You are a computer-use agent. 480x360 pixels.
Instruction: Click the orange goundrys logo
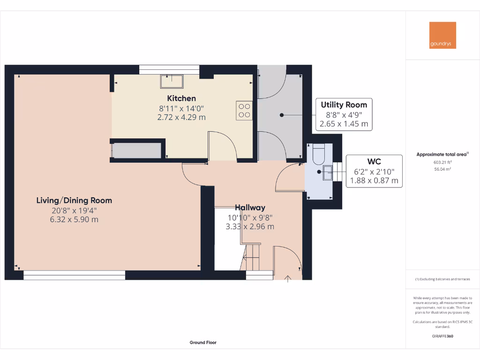[x=442, y=35]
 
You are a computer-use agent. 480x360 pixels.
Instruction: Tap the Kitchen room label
[x=181, y=98]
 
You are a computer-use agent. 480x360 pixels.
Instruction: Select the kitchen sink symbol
[x=172, y=81]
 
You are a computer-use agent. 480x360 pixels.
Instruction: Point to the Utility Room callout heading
[x=344, y=105]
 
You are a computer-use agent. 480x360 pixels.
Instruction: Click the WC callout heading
[x=374, y=161]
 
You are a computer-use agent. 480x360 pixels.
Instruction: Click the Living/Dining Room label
[x=74, y=201]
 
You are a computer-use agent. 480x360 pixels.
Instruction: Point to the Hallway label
[x=250, y=208]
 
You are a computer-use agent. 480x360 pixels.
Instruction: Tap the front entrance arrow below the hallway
[x=288, y=280]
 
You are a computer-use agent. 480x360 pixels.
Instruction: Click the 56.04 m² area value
[x=442, y=169]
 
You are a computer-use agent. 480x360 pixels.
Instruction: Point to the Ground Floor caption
[x=203, y=343]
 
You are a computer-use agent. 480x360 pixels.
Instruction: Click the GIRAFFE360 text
[x=442, y=336]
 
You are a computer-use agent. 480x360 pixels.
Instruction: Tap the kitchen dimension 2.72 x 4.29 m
[x=181, y=117]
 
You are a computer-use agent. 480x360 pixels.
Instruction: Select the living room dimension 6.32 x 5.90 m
[x=74, y=219]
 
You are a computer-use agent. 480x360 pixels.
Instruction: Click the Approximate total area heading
[x=442, y=154]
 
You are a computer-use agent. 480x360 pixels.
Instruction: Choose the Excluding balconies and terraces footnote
[x=442, y=279]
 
